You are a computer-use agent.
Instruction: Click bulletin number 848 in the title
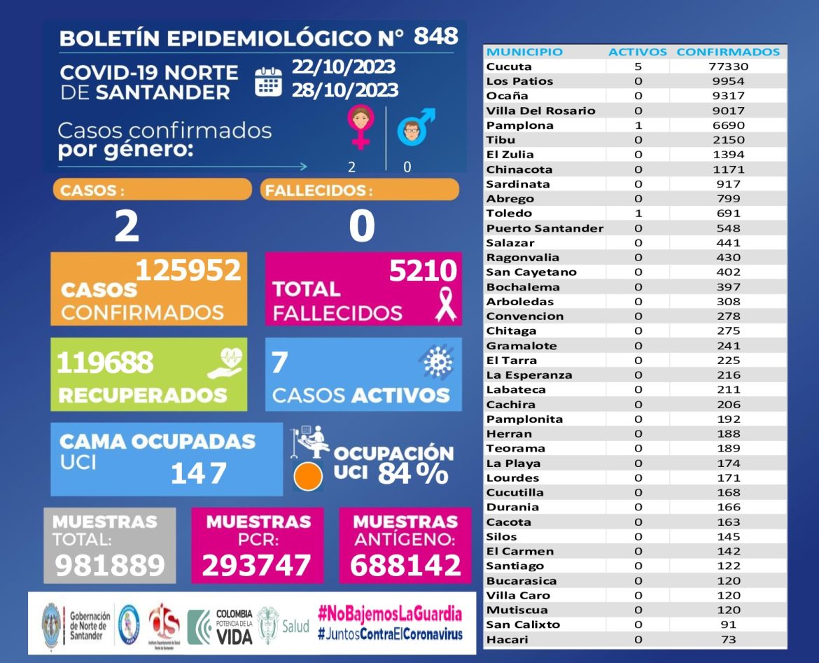tap(435, 36)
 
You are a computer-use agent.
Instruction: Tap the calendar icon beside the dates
tap(268, 81)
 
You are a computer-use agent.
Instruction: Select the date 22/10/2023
tap(344, 67)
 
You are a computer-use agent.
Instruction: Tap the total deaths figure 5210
tap(423, 270)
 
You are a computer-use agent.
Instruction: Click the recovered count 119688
tap(104, 363)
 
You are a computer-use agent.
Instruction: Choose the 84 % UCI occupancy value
tap(413, 474)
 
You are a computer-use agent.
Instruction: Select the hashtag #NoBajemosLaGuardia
tap(390, 614)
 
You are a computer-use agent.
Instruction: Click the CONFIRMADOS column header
tap(728, 52)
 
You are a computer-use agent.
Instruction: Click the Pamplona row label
tap(520, 125)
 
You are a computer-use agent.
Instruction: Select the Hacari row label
tap(507, 639)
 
